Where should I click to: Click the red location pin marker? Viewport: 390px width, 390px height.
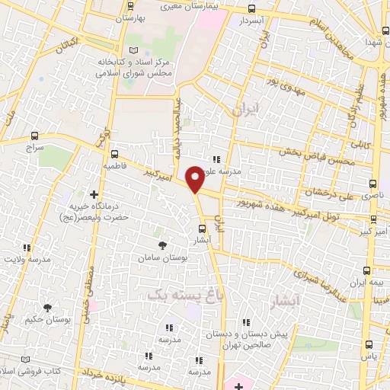tap(195, 180)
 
